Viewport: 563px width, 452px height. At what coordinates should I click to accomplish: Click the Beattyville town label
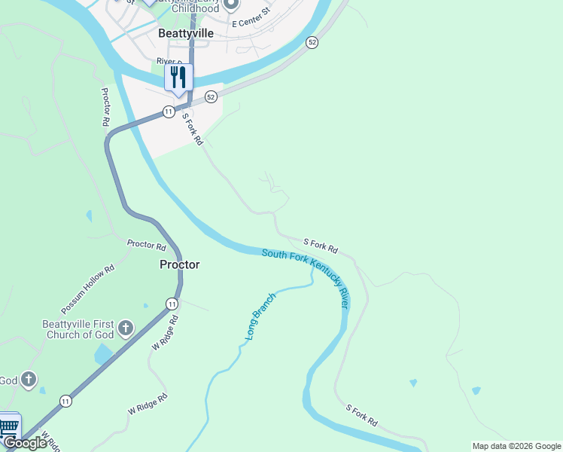click(186, 34)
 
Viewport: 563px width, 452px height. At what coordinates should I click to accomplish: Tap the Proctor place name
click(180, 264)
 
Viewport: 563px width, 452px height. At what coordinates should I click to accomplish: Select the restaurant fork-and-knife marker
click(178, 78)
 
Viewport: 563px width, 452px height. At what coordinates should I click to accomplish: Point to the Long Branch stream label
click(260, 317)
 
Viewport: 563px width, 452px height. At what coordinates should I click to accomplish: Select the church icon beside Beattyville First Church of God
click(126, 328)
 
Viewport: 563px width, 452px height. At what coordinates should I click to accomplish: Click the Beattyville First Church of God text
click(78, 328)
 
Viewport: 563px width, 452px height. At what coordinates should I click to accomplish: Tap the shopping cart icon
click(8, 426)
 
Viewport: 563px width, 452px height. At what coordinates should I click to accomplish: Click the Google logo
click(25, 443)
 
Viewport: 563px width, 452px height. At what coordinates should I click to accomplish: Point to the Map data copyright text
click(516, 446)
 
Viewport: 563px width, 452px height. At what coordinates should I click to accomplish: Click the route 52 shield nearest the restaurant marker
click(211, 96)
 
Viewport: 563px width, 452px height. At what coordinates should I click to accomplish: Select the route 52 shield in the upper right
click(312, 43)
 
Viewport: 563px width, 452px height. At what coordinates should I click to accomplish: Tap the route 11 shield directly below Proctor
click(172, 304)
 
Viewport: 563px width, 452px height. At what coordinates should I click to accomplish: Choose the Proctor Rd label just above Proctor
click(146, 245)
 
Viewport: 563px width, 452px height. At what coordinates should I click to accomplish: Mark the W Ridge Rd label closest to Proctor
click(166, 332)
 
